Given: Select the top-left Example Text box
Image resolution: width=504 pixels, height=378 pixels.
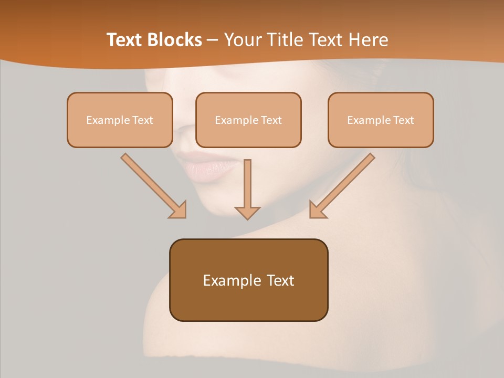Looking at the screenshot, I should point(120,120).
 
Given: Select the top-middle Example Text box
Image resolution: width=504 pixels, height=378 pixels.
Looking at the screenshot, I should point(248,120).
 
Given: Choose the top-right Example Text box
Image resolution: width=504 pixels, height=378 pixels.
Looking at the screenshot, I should point(381,120).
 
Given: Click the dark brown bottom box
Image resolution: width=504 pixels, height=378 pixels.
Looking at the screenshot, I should point(248,280).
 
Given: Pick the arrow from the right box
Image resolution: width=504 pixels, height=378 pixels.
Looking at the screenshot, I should point(346,182).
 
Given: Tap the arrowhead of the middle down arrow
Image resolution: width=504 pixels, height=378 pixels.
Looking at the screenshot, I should point(247,212).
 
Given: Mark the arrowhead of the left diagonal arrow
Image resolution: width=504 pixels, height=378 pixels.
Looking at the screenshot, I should point(178,210).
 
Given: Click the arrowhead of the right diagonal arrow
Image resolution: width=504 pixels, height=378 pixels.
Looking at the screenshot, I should point(317,210).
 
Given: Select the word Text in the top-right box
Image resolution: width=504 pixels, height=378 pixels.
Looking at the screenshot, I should point(403,120).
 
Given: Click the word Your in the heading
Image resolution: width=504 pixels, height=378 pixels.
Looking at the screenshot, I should point(243,39).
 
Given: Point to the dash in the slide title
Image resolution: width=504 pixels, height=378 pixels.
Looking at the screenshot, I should point(213,40).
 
